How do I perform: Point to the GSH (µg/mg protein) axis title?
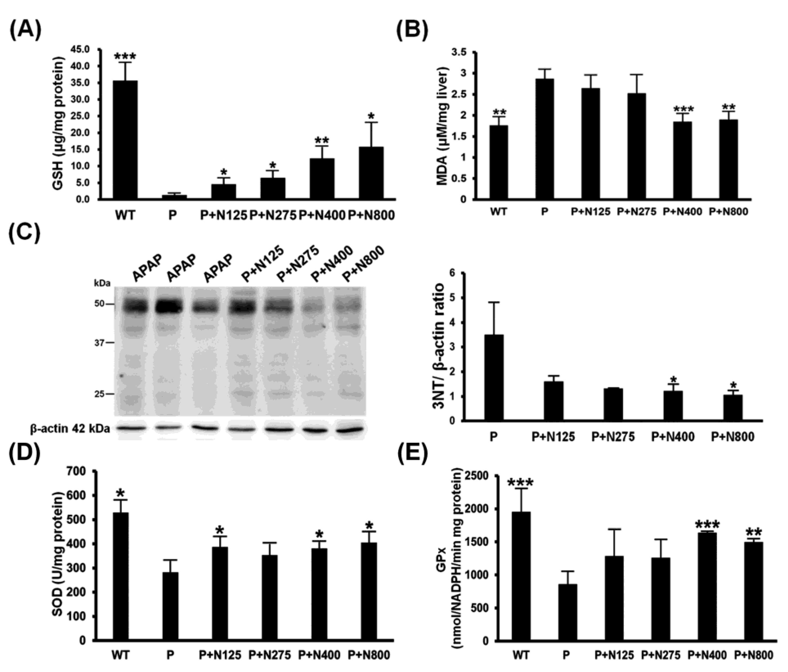[x=57, y=125]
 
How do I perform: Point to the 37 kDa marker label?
[x=100, y=343]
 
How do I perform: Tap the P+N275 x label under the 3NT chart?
[x=613, y=437]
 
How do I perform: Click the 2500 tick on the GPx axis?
[x=482, y=476]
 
